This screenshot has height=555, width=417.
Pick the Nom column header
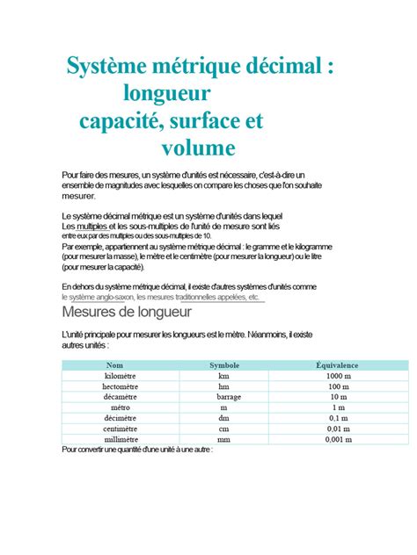(x=115, y=364)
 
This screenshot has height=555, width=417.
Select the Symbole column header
(x=224, y=364)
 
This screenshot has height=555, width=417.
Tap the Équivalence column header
(x=337, y=364)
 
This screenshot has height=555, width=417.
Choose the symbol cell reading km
(x=224, y=375)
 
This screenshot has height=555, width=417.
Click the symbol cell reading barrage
(x=224, y=396)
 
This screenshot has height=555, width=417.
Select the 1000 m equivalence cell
(x=338, y=375)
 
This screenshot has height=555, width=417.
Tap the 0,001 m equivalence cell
(x=338, y=439)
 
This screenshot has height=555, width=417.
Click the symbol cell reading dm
(x=224, y=418)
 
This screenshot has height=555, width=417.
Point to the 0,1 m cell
(x=338, y=418)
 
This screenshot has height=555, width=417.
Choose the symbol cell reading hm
(x=224, y=386)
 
